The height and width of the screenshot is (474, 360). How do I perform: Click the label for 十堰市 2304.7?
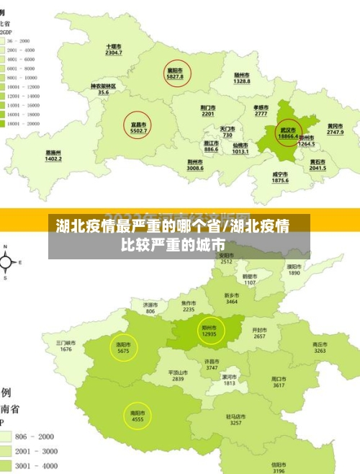click(x=113, y=50)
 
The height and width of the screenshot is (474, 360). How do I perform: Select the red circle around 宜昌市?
click(x=137, y=126)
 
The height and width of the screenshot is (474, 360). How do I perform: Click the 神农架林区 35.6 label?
click(x=103, y=89)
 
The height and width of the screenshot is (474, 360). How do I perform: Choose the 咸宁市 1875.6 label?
click(x=280, y=177)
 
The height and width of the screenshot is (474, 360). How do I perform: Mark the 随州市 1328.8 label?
click(x=242, y=78)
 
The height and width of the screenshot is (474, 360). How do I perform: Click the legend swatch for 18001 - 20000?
click(x=12, y=123)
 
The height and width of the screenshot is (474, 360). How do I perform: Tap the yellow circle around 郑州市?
click(x=209, y=331)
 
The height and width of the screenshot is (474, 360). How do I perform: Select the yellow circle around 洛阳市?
click(x=123, y=348)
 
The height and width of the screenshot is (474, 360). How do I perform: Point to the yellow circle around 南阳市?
click(x=138, y=416)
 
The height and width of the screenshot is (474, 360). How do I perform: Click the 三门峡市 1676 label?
click(x=66, y=346)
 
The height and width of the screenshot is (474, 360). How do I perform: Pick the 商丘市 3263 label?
click(x=320, y=348)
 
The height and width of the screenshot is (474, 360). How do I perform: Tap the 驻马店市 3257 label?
click(x=235, y=419)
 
